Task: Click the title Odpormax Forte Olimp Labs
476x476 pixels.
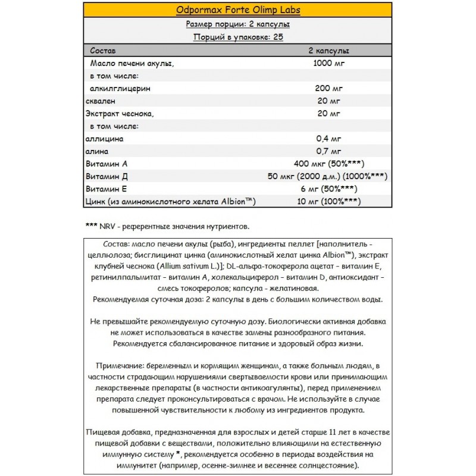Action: click(238, 10)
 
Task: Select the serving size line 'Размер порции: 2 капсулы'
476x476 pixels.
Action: click(238, 24)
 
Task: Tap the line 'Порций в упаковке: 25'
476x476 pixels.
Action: click(238, 37)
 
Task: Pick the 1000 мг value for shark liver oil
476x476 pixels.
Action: click(328, 62)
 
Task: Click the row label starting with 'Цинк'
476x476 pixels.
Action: click(171, 202)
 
